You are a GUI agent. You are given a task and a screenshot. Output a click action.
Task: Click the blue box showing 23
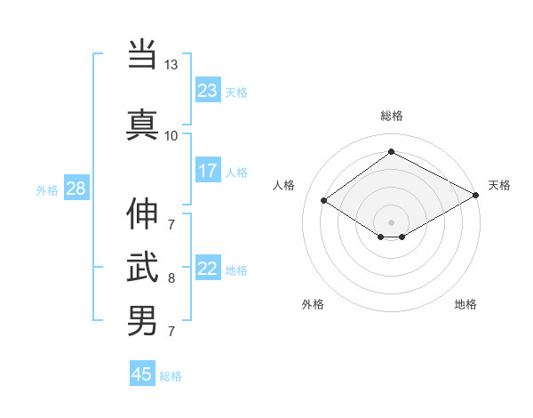(208, 91)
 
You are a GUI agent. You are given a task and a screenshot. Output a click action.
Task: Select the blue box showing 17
(208, 171)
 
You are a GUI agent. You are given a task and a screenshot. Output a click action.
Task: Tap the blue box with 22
(208, 269)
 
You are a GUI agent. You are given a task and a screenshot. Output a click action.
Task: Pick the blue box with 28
(76, 189)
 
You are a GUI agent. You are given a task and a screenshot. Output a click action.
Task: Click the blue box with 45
(142, 374)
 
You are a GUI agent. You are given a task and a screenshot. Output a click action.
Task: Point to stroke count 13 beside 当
(171, 65)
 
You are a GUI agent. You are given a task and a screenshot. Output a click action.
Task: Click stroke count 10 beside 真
(171, 135)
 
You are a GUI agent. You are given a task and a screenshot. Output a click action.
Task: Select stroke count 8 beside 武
(171, 277)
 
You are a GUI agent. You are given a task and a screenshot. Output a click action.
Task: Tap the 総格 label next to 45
(171, 376)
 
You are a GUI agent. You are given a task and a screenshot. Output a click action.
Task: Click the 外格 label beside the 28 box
(46, 189)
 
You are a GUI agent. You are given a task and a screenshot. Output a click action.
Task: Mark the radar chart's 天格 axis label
(499, 185)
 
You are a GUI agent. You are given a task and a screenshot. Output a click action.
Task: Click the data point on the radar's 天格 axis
(477, 196)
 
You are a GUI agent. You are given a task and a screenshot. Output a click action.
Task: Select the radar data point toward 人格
(324, 201)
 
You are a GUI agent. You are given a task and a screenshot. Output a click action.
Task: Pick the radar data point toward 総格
(391, 151)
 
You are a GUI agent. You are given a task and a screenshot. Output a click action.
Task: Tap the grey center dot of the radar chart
(391, 221)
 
